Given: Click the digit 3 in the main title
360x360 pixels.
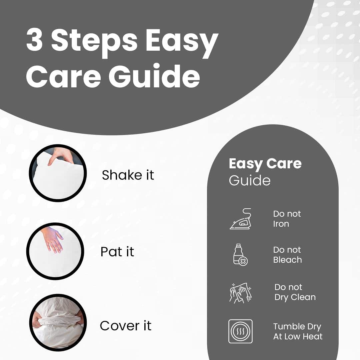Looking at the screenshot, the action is click(34, 39).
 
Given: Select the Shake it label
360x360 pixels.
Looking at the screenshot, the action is click(128, 175).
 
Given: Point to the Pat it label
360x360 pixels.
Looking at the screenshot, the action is click(117, 252).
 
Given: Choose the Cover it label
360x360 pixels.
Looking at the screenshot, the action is click(126, 326).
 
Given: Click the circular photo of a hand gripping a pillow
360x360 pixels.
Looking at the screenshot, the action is click(58, 173).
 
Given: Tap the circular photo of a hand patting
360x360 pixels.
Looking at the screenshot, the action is click(55, 251).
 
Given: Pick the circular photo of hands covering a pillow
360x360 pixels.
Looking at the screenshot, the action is click(58, 322).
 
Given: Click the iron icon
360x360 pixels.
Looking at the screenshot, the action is click(241, 219).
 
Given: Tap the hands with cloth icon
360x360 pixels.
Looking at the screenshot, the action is click(241, 293).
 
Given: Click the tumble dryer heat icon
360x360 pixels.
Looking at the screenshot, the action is click(240, 331).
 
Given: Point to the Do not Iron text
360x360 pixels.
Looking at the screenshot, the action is click(287, 219).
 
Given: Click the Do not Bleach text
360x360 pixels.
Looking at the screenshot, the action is click(287, 255).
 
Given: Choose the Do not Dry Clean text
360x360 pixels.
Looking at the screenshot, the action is click(295, 292).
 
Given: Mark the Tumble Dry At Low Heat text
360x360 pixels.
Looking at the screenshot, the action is click(298, 332).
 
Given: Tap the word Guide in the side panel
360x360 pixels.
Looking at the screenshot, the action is click(250, 180).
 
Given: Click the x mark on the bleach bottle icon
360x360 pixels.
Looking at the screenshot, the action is click(243, 261).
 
